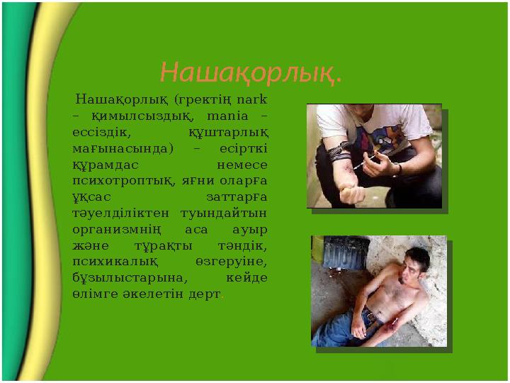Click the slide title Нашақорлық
tap(251, 72)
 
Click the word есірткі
tap(244, 148)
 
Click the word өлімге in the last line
tap(90, 294)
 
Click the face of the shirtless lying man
tap(414, 266)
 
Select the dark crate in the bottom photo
tap(345, 252)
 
